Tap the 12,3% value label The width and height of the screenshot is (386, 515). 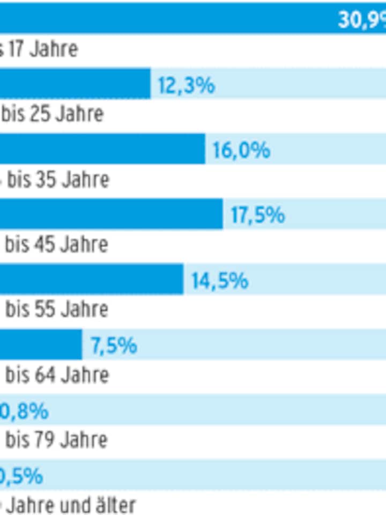click(186, 85)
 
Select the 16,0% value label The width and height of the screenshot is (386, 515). click(241, 151)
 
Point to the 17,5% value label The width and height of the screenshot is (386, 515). click(257, 216)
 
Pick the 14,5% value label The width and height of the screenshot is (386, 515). click(220, 281)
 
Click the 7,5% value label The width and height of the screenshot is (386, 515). click(114, 346)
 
